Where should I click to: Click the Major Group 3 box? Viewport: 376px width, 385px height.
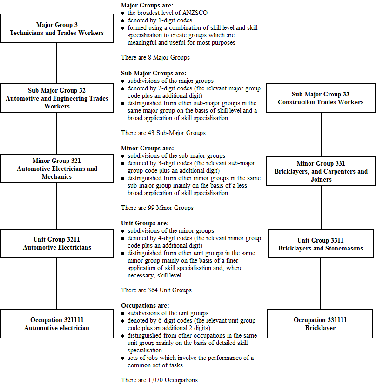coord(57,29)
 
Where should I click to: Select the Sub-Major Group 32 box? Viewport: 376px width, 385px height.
coord(57,98)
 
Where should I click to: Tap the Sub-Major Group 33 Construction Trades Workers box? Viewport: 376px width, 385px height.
coord(321,98)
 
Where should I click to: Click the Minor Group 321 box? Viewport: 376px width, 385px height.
coord(57,169)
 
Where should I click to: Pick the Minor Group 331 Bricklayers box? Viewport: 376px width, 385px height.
coord(321,171)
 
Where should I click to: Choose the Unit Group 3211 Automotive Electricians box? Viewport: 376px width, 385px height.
coord(57,243)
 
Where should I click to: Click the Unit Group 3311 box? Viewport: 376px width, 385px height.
coord(321,244)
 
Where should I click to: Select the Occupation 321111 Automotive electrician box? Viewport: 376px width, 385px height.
coord(57,324)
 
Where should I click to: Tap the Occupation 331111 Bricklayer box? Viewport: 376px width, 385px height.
coord(321,324)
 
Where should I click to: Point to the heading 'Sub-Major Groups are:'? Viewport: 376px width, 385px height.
coord(153,73)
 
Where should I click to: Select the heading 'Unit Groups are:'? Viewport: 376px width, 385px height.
coord(145,223)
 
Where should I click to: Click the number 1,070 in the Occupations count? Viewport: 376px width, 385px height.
coord(157,380)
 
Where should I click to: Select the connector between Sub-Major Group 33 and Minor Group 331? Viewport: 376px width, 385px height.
coord(321,135)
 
